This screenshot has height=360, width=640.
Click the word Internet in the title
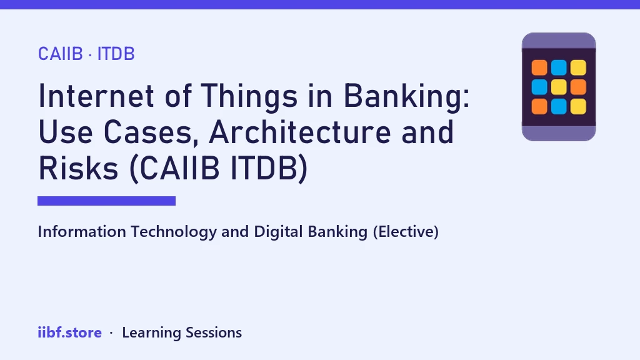point(96,96)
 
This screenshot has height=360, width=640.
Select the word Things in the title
point(249,96)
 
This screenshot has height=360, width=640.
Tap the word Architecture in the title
point(299,132)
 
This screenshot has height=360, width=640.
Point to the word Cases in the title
point(147,132)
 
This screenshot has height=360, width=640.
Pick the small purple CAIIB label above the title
point(61,54)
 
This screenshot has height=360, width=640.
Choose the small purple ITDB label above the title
point(116,54)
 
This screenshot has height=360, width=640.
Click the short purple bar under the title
point(106,201)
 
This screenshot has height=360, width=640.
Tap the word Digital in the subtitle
point(278,232)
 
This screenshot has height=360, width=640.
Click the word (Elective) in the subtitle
point(406,231)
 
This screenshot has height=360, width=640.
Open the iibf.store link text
point(70,332)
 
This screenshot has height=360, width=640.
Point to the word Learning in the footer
point(151,332)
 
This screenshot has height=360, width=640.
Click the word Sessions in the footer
point(214,332)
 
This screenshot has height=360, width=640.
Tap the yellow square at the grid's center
point(559,87)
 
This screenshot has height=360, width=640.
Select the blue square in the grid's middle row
point(539,87)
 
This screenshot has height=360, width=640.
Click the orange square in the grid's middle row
point(578,87)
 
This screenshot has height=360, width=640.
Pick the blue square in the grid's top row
point(559,67)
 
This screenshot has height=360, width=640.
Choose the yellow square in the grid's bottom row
point(578,106)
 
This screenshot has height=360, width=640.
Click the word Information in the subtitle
point(82,231)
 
